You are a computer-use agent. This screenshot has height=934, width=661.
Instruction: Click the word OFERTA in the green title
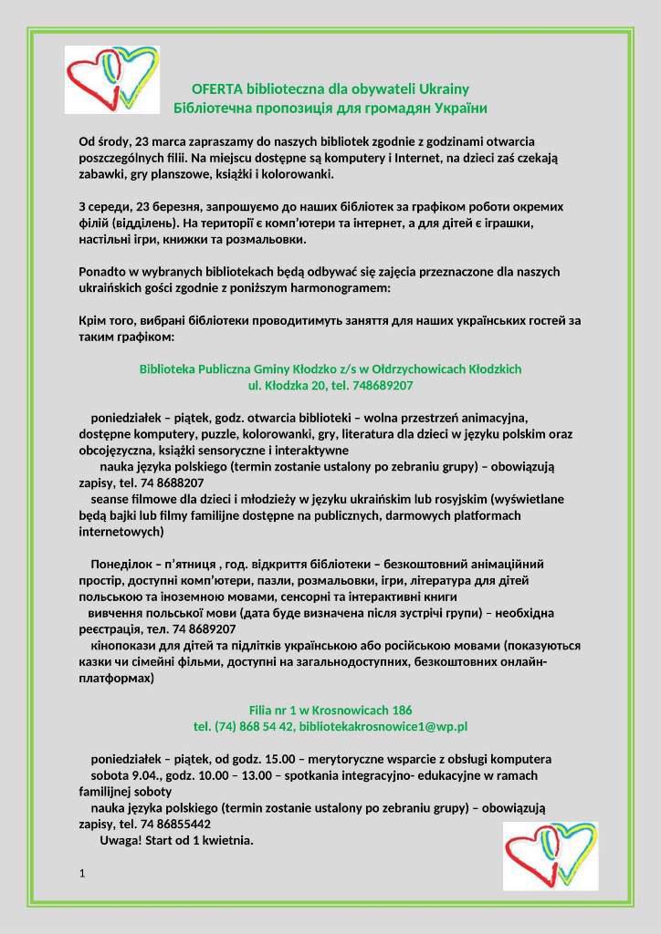[x=216, y=89]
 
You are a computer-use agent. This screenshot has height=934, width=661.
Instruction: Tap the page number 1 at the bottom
[x=82, y=875]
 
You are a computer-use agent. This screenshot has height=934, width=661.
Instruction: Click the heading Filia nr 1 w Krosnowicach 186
[x=330, y=710]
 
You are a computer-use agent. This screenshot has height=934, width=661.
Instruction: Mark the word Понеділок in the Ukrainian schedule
[x=121, y=564]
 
